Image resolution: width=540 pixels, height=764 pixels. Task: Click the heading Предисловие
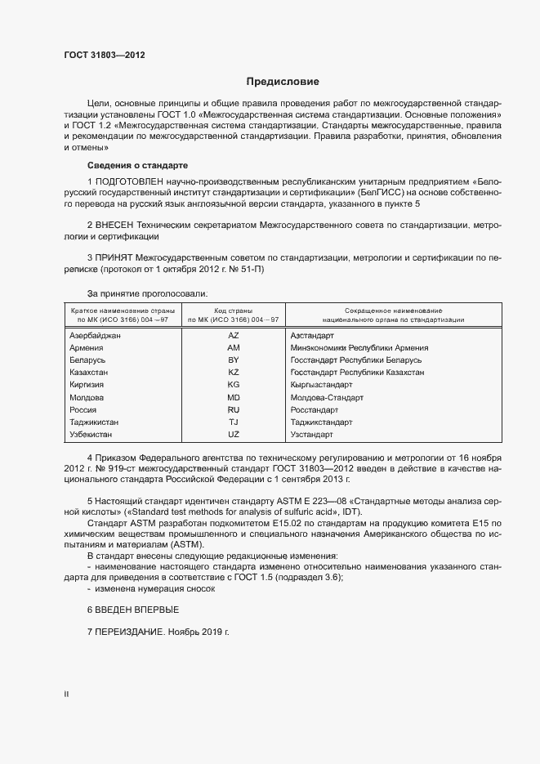click(283, 82)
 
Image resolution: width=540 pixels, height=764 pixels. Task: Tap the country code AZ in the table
click(234, 335)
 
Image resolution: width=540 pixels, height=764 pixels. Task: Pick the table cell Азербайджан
click(96, 335)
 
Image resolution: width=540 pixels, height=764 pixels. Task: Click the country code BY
click(234, 360)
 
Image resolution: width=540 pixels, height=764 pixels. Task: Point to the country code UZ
click(234, 434)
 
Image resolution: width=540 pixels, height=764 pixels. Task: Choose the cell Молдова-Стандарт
click(327, 397)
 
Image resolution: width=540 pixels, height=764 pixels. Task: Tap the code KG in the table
click(234, 384)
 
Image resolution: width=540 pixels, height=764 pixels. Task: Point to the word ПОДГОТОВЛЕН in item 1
click(134, 181)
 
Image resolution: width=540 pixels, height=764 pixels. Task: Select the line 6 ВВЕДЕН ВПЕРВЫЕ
click(132, 610)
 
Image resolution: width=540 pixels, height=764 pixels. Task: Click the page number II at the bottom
click(67, 695)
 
